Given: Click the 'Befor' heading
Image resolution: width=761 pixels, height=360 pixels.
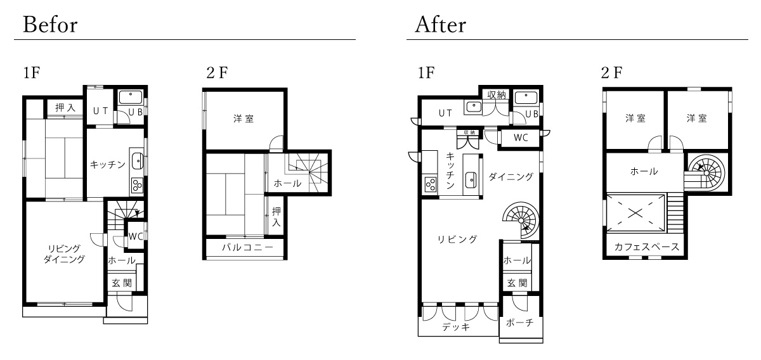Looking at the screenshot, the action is click(x=50, y=25).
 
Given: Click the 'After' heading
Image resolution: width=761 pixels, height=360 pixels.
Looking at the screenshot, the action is click(x=440, y=25).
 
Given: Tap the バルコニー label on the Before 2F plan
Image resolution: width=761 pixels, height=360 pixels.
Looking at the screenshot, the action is click(x=248, y=247).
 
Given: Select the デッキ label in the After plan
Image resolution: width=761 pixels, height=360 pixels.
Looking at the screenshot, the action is click(x=456, y=326).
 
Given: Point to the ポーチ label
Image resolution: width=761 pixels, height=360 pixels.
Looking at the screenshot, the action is click(x=519, y=323).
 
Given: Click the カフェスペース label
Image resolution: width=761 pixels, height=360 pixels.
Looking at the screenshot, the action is click(x=646, y=247).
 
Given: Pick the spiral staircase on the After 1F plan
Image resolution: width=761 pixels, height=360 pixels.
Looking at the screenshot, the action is click(x=521, y=221).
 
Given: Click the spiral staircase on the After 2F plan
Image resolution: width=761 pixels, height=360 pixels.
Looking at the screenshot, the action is click(x=706, y=172).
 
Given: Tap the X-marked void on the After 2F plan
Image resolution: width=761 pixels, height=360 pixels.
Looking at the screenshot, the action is click(x=635, y=214).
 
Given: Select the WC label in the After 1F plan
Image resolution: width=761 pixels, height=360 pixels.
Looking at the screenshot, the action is click(x=521, y=138).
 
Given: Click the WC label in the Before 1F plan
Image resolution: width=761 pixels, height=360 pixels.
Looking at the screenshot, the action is click(x=136, y=236).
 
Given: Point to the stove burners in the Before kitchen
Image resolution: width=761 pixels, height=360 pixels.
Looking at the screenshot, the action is click(x=137, y=186).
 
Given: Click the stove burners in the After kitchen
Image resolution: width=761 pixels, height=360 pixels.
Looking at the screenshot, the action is click(x=430, y=185).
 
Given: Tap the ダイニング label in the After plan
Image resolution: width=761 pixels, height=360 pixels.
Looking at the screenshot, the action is click(x=511, y=176).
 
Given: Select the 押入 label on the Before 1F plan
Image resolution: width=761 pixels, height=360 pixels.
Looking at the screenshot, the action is click(x=65, y=108).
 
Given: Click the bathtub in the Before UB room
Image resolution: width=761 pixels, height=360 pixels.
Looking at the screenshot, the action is click(x=131, y=97).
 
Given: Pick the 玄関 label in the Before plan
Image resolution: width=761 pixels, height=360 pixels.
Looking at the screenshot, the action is click(x=122, y=283).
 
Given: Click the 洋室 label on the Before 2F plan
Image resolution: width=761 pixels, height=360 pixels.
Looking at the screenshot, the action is click(x=244, y=119).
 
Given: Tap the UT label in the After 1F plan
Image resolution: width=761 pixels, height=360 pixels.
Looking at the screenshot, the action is click(x=445, y=113).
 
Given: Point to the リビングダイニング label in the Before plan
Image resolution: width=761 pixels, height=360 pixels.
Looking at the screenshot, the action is click(x=64, y=254).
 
